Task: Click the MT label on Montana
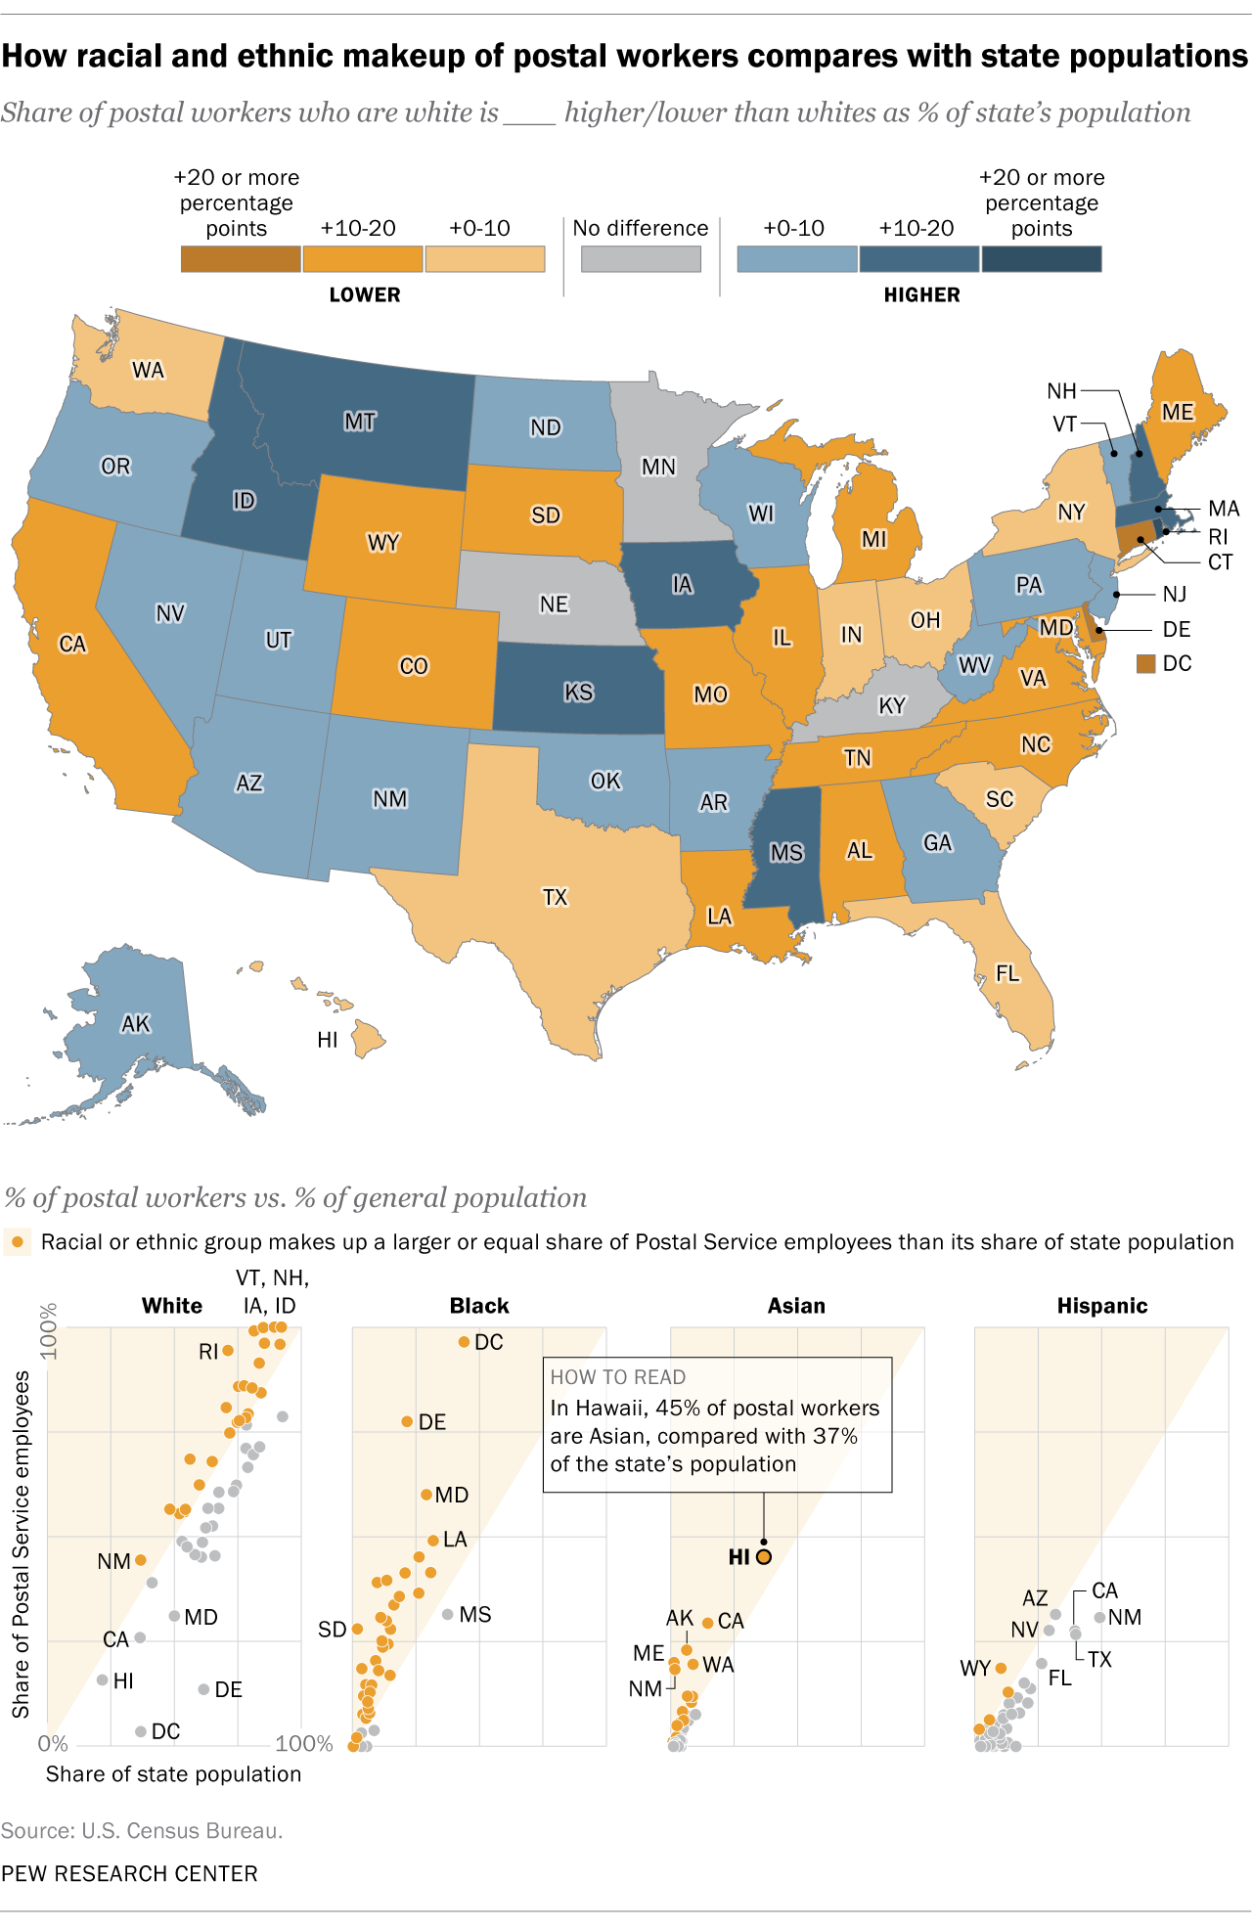[360, 422]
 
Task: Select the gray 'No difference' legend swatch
[641, 259]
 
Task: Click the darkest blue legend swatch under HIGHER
[1041, 259]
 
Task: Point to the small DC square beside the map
[1145, 664]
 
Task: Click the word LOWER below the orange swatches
[364, 294]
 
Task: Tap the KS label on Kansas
[578, 693]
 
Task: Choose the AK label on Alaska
[135, 1024]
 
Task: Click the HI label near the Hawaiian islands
[328, 1040]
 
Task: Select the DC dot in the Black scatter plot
[465, 1342]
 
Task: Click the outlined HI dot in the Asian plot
[764, 1556]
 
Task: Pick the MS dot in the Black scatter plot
[448, 1614]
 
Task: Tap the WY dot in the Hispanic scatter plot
[1001, 1668]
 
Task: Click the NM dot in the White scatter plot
[140, 1560]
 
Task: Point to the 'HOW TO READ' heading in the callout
[617, 1377]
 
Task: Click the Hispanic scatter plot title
[1101, 1306]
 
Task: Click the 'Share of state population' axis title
[173, 1773]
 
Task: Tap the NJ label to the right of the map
[1174, 594]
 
